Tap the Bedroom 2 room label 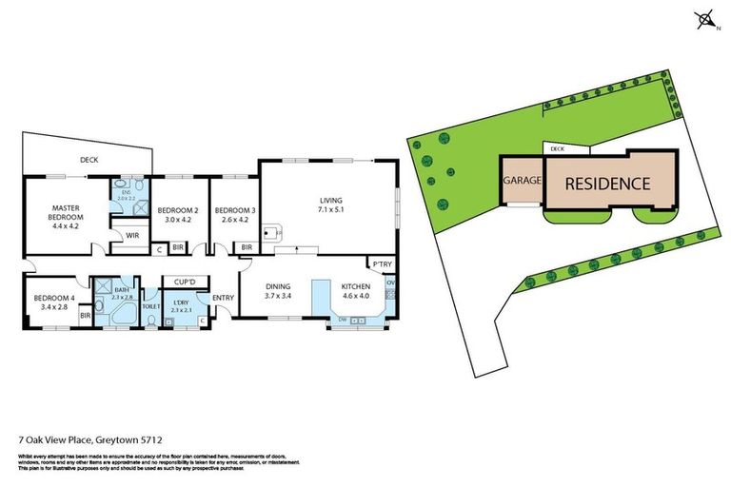pyautogui.click(x=178, y=210)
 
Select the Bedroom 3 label pyautogui.click(x=234, y=210)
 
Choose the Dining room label pyautogui.click(x=278, y=286)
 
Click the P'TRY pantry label pyautogui.click(x=383, y=264)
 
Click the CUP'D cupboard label pyautogui.click(x=185, y=282)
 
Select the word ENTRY pyautogui.click(x=223, y=299)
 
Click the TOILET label pyautogui.click(x=151, y=307)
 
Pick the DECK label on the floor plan pyautogui.click(x=89, y=160)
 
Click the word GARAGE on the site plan pyautogui.click(x=522, y=180)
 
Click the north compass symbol pyautogui.click(x=706, y=18)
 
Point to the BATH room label pyautogui.click(x=122, y=289)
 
